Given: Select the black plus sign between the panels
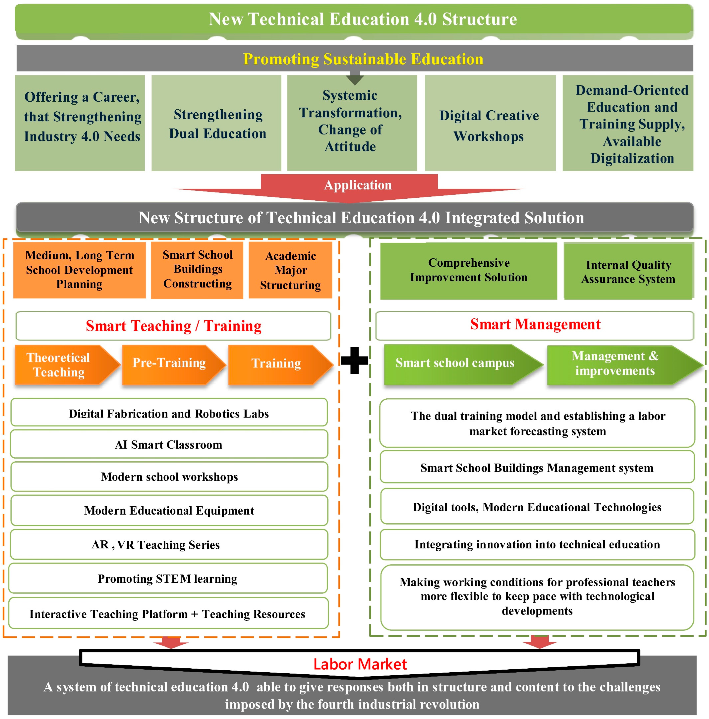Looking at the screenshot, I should coord(354,360).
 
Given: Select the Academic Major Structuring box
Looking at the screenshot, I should coord(290,270).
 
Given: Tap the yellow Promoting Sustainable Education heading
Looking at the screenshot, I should coord(363,59).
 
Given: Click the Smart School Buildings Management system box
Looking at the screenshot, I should coord(537,467).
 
